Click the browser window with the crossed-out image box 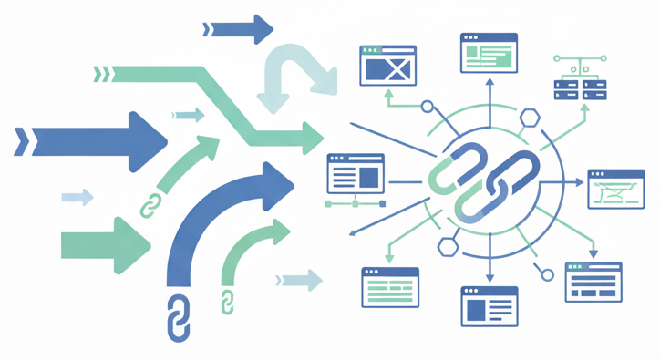pyautogui.click(x=388, y=66)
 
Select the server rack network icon pyautogui.click(x=581, y=79)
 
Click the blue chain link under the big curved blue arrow pyautogui.click(x=179, y=318)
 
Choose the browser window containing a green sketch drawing pyautogui.click(x=616, y=190)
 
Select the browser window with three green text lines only pyautogui.click(x=390, y=287)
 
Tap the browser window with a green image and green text pyautogui.click(x=490, y=53)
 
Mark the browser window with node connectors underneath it pyautogui.click(x=356, y=174)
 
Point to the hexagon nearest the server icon pyautogui.click(x=531, y=118)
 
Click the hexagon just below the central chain pyautogui.click(x=447, y=246)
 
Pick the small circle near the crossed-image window pyautogui.click(x=428, y=107)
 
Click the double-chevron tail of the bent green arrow pyautogui.click(x=102, y=74)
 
